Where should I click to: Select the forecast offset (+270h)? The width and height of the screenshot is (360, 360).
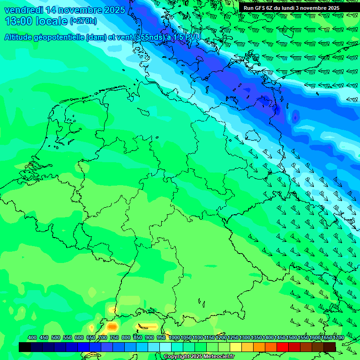point(83,21)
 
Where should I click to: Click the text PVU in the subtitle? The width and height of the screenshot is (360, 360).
point(192,37)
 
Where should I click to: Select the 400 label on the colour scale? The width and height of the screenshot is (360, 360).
point(32,337)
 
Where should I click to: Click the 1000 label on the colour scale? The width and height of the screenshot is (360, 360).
point(174,337)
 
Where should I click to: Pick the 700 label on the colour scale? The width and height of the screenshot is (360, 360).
point(103,337)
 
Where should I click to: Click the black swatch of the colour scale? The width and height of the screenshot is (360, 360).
point(25,347)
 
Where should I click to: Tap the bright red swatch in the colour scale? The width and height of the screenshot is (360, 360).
point(283,347)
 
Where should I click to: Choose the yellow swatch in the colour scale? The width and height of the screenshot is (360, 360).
point(236,347)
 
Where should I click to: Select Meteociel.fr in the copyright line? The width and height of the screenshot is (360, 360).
point(218,357)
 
